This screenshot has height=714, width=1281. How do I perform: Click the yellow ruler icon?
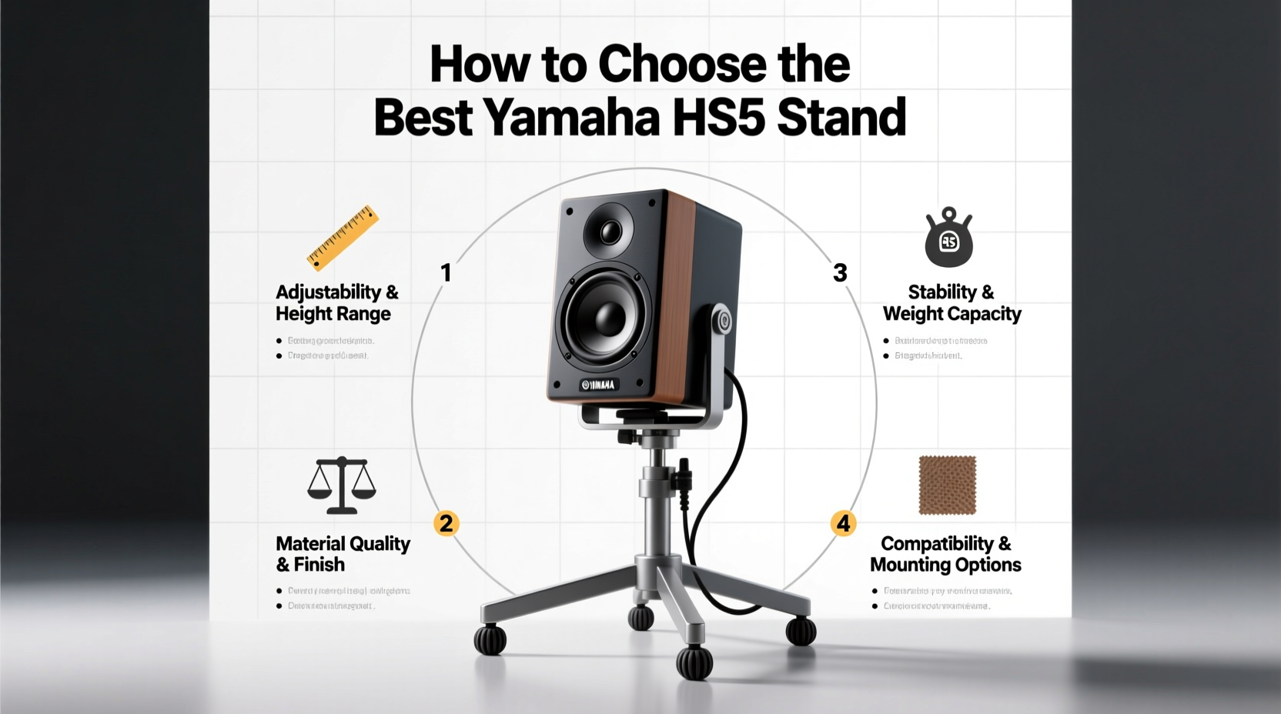tap(343, 238)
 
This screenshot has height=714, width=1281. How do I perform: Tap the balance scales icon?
tap(342, 485)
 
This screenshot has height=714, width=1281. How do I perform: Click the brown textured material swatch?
tap(947, 485)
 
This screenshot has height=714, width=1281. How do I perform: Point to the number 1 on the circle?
tap(445, 272)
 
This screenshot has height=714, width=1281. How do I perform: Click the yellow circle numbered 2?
tap(446, 523)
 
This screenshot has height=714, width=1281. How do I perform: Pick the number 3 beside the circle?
tap(840, 272)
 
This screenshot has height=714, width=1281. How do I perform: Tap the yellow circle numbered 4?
tap(844, 523)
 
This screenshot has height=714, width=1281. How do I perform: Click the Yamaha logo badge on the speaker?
tap(599, 384)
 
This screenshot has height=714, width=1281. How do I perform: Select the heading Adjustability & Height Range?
tap(336, 302)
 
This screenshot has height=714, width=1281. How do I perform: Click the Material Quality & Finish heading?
tap(343, 554)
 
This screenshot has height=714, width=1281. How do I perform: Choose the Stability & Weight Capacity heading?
tap(952, 302)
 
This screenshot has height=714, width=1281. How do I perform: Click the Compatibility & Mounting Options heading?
tap(945, 554)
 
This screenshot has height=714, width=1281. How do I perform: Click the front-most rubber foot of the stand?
tap(694, 663)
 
